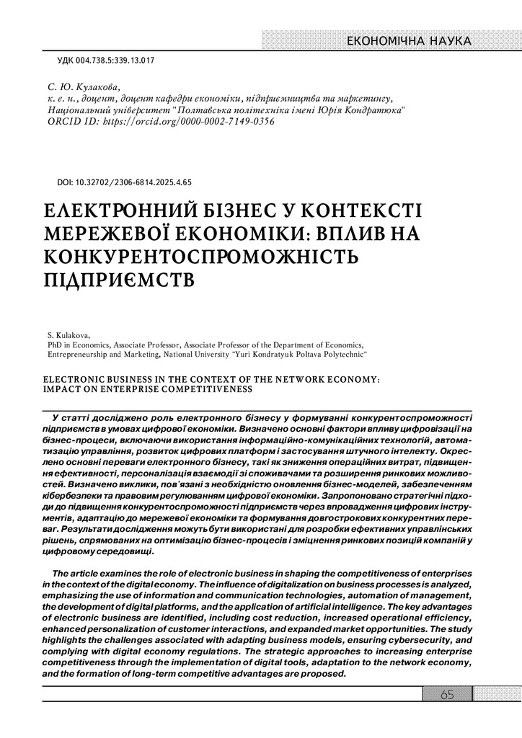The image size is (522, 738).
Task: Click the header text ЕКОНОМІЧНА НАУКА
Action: pyautogui.click(x=409, y=41)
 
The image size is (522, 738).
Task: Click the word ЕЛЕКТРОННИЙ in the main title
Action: pyautogui.click(x=123, y=212)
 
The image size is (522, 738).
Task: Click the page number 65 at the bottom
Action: pyautogui.click(x=446, y=694)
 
